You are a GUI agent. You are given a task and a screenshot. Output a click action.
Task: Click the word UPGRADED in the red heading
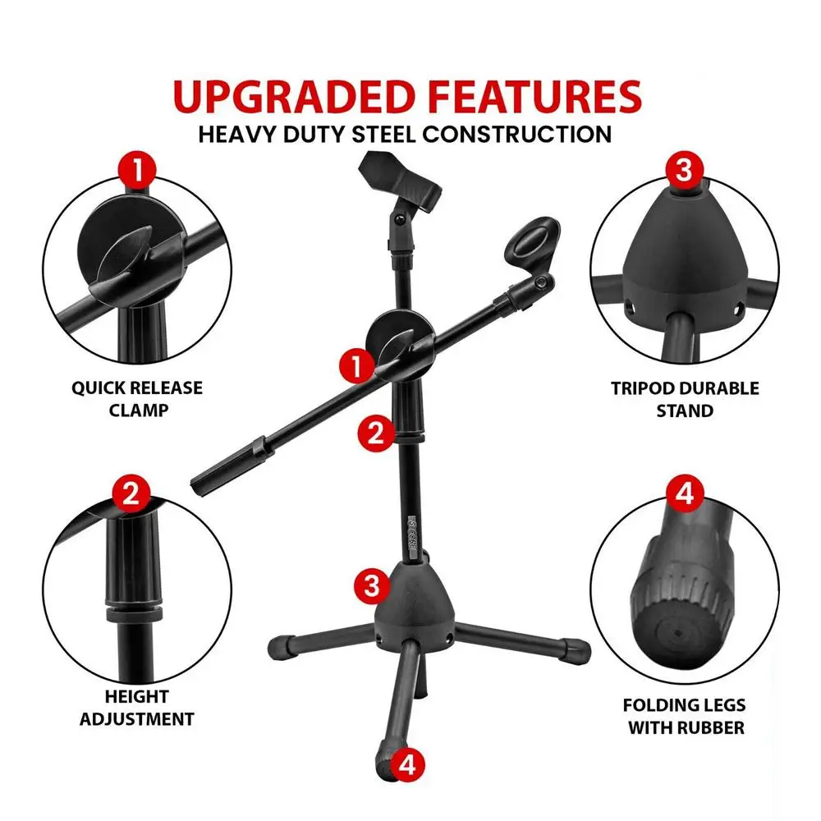pos(294,96)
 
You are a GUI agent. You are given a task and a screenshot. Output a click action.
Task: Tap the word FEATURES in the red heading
pos(534,96)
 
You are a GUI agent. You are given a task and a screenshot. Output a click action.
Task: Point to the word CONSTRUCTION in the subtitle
pos(516,135)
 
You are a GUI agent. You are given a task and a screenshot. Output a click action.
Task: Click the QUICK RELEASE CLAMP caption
pos(137,399)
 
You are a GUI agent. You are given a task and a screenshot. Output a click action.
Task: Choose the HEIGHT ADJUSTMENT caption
pos(136,708)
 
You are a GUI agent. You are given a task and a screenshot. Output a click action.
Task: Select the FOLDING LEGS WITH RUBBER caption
pos(685,716)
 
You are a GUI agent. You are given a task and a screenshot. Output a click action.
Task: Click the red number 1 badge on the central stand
pos(357,366)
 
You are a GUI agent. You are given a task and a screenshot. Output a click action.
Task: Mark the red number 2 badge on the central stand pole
pos(376,433)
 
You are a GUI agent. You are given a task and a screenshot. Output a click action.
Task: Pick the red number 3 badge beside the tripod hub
pos(372,585)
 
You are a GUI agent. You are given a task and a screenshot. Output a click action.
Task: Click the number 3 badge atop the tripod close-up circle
pos(684,170)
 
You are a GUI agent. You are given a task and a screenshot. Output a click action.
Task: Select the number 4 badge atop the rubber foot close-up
pos(685,493)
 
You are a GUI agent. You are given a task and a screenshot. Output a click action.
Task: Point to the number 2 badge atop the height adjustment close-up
pos(131,493)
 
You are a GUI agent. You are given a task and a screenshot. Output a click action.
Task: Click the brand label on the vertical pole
pos(413,537)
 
